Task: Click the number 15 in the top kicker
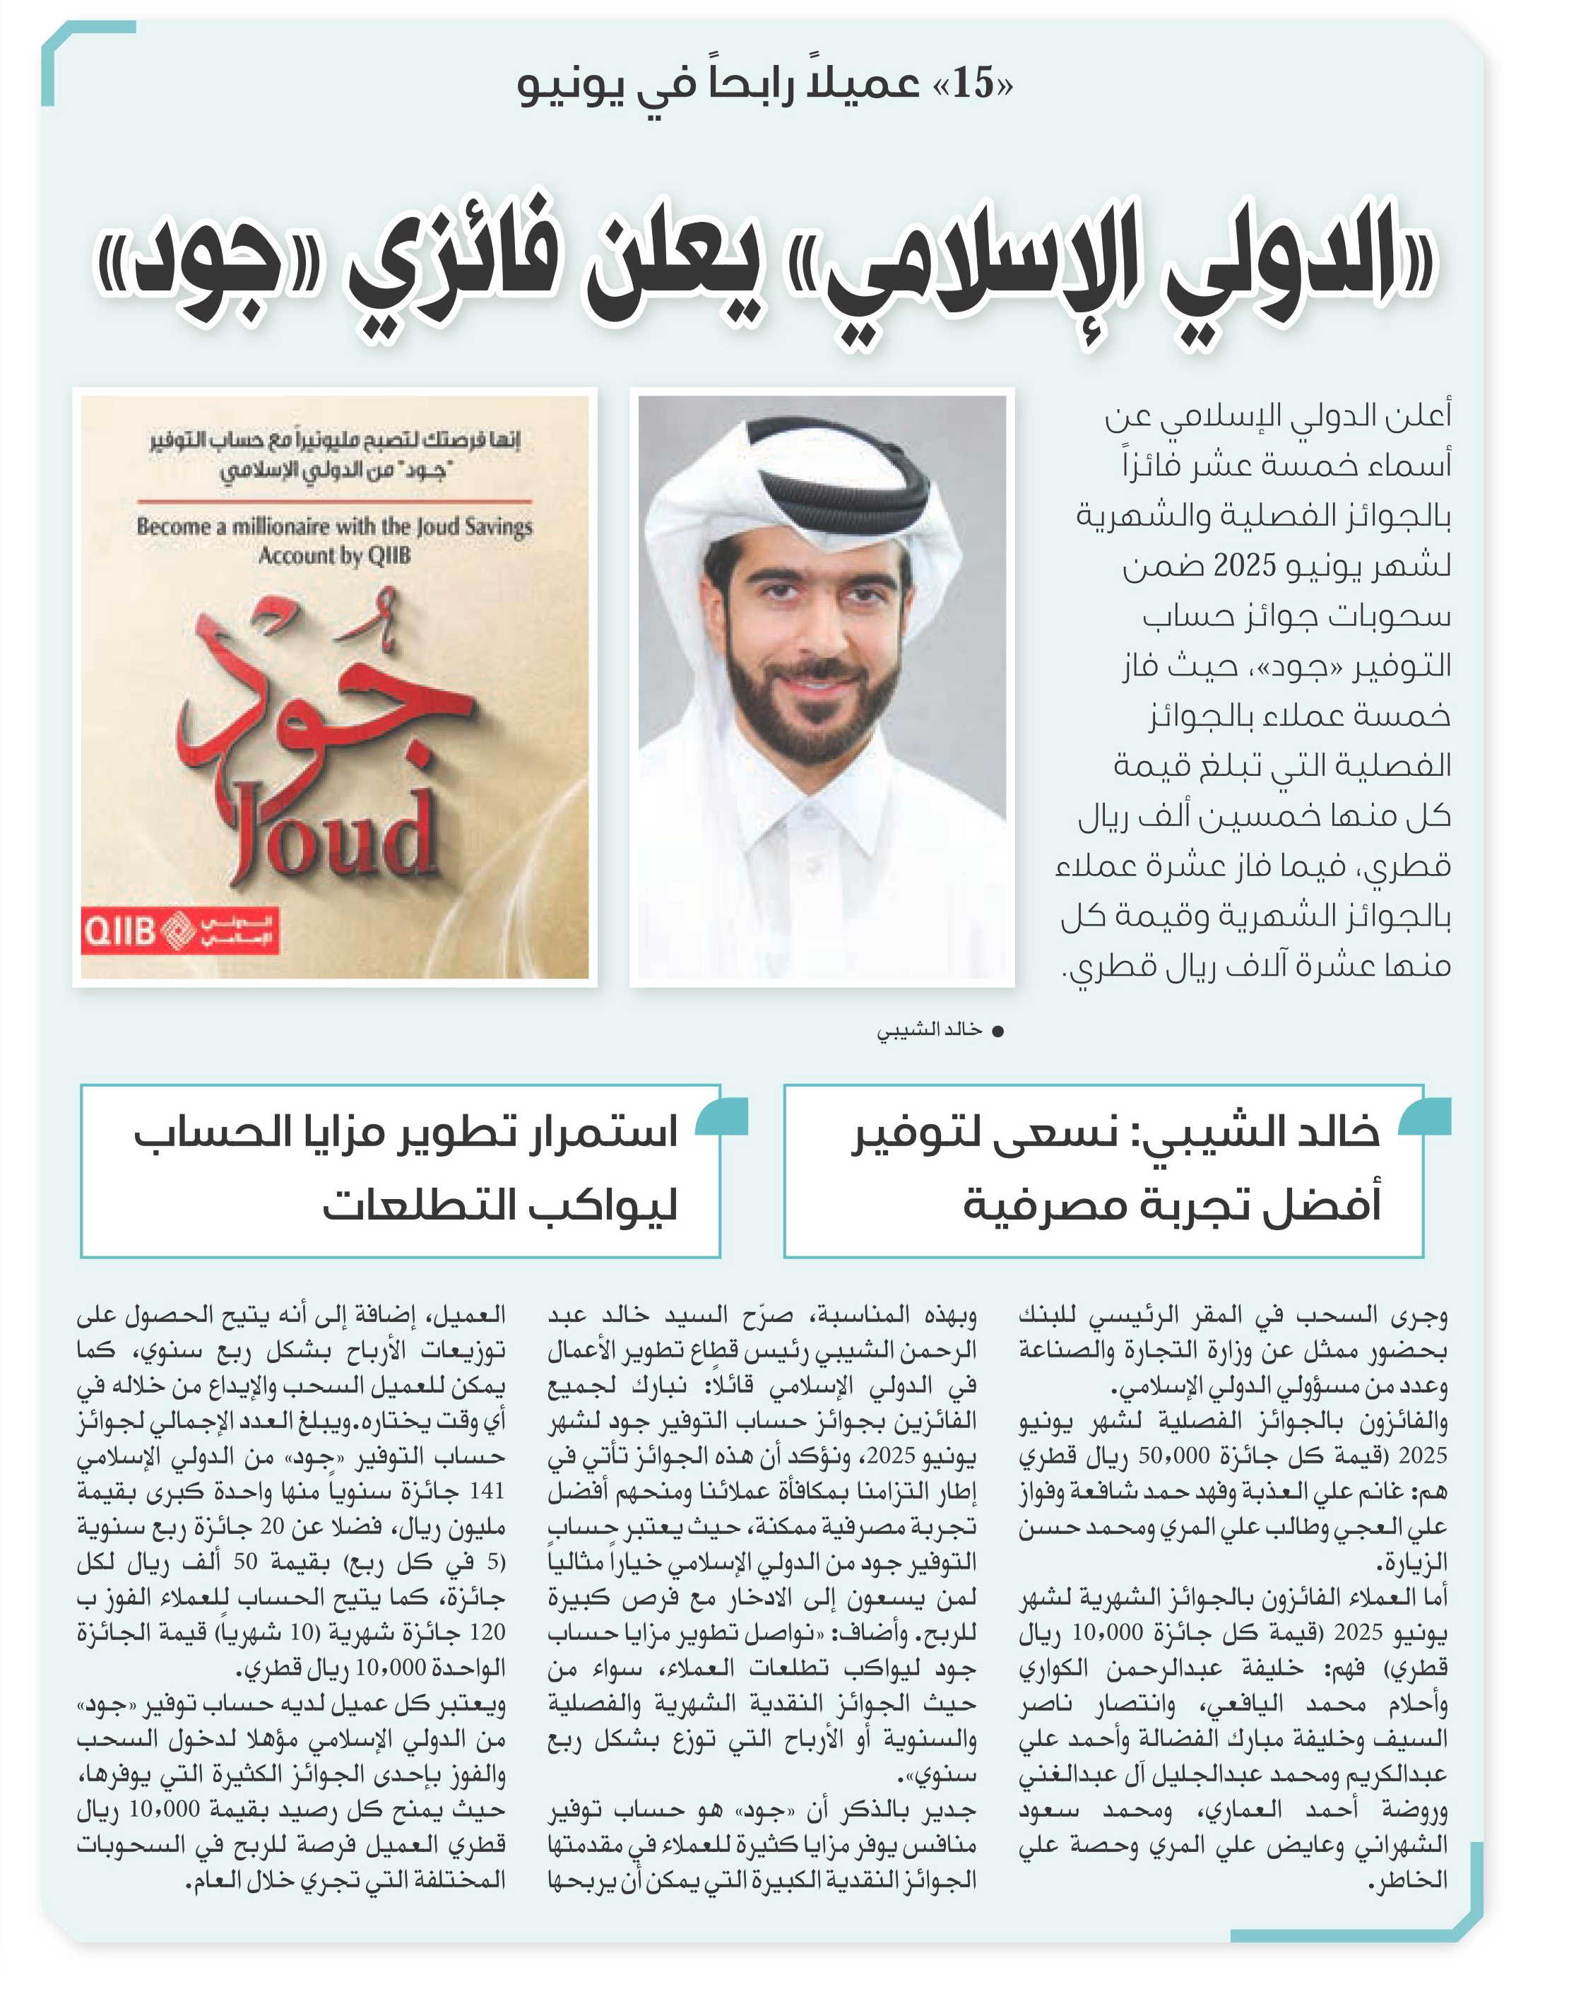click(x=973, y=85)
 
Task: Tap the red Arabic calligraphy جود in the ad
click(x=312, y=698)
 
